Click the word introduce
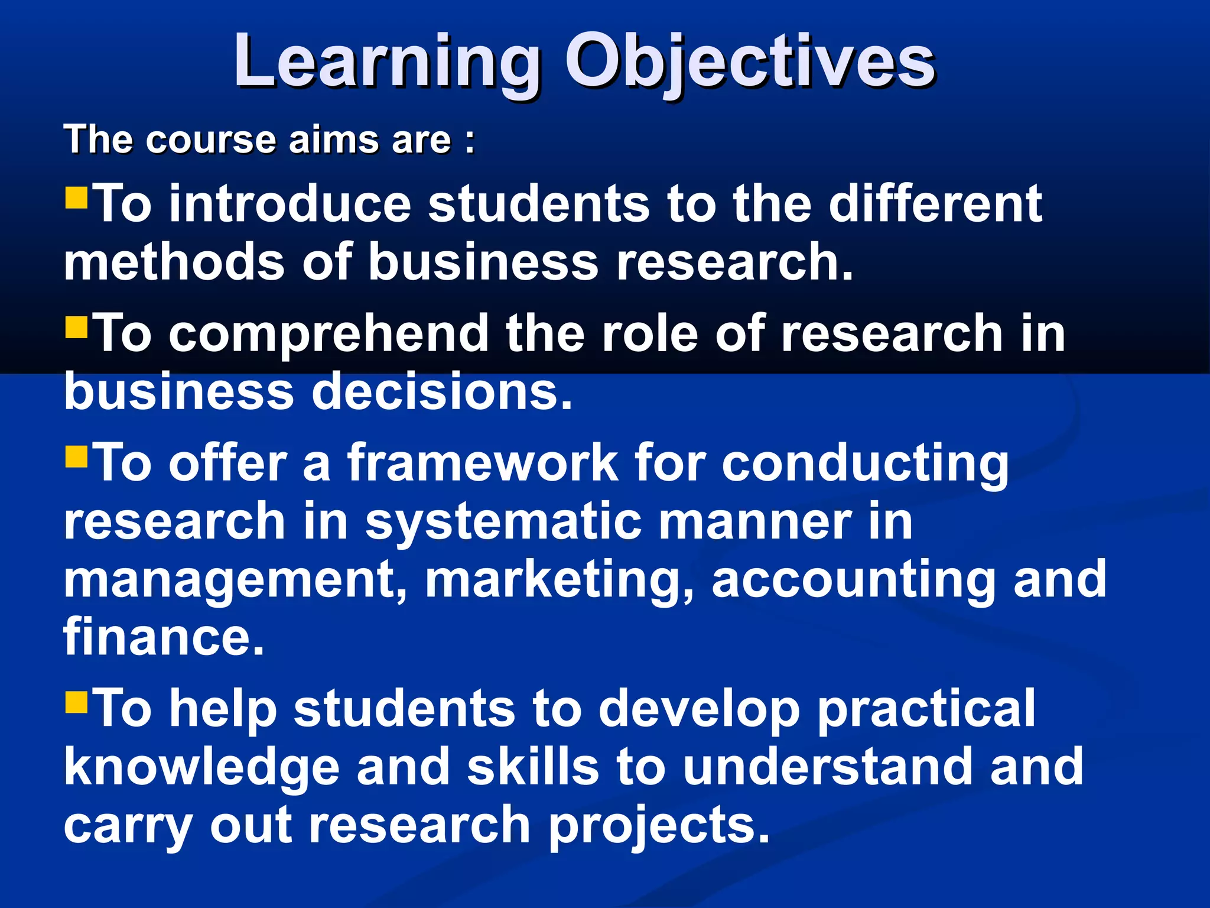(x=290, y=204)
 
